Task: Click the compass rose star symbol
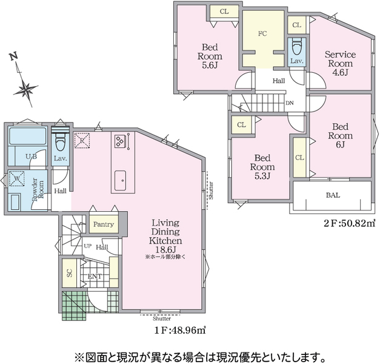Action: pos(25,89)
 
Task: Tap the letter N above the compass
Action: pos(14,57)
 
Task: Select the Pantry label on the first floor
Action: pos(104,224)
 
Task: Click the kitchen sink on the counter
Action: pos(120,180)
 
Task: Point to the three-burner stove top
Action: pos(120,141)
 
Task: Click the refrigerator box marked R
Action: pos(82,140)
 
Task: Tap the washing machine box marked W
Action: pos(17,178)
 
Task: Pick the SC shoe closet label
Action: pos(70,273)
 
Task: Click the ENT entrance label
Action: pos(95,277)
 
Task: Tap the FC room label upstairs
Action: pos(262,33)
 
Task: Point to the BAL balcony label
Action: pos(333,195)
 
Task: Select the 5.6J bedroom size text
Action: pos(210,66)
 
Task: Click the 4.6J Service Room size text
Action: pos(340,73)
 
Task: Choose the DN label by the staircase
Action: pos(290,103)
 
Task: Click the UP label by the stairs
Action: pos(87,246)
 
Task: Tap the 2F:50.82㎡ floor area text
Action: pos(350,223)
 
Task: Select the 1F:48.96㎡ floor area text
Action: pos(180,330)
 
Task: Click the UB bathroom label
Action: pos(32,157)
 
